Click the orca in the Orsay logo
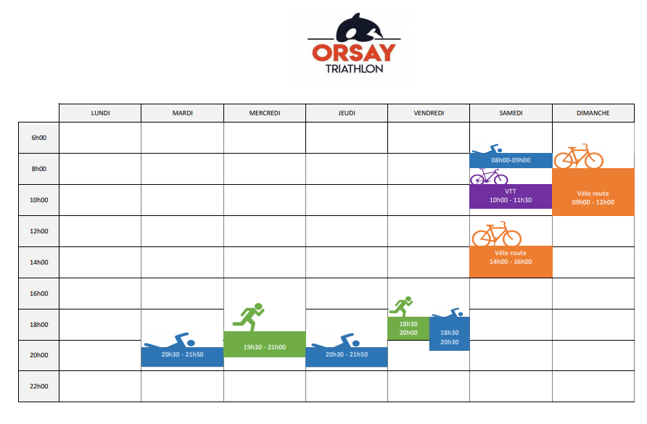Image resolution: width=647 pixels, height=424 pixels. click(359, 28)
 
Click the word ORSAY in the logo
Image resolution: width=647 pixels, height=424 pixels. click(354, 53)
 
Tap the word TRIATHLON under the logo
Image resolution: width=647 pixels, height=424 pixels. click(354, 69)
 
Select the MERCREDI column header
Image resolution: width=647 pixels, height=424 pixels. click(265, 113)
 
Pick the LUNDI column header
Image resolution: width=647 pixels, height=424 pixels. click(100, 113)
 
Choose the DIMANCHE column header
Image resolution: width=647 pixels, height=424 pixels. click(593, 113)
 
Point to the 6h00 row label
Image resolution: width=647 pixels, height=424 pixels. click(38, 138)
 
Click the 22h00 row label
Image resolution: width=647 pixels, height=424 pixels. click(38, 386)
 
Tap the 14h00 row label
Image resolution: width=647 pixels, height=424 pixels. click(38, 262)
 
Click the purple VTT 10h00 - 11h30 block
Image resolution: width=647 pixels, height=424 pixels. click(511, 196)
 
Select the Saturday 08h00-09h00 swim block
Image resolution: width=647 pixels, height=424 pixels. click(511, 160)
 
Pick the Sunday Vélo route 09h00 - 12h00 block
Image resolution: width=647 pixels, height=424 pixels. click(593, 192)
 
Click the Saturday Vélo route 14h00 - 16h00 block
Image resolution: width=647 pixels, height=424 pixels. click(511, 262)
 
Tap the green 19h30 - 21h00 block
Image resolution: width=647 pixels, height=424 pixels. click(265, 344)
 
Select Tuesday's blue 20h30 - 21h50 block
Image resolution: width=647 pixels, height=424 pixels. click(182, 357)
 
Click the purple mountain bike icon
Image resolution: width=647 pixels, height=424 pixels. click(489, 177)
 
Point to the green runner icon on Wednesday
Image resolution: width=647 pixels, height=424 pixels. click(248, 317)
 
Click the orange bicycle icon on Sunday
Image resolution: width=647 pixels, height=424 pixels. click(579, 157)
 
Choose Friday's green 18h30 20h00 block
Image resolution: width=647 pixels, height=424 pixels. click(408, 328)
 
